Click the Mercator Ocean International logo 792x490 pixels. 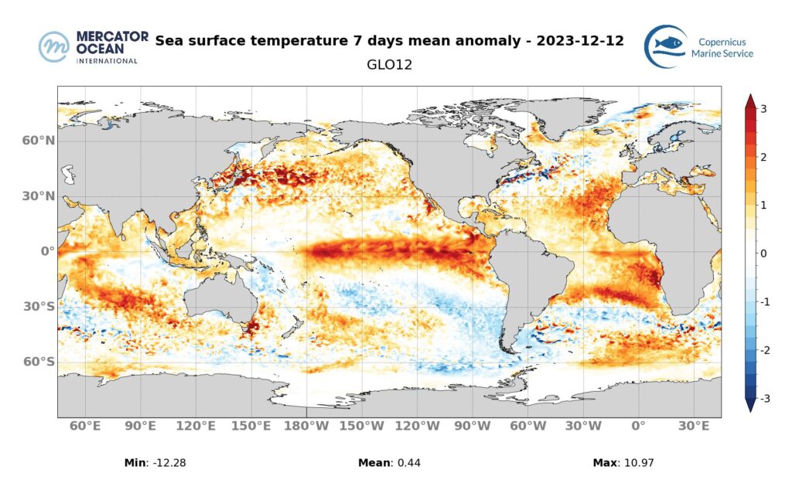tap(88, 47)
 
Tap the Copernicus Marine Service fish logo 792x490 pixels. tap(666, 46)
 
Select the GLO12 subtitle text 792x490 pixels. tap(389, 65)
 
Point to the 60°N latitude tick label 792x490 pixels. tap(38, 141)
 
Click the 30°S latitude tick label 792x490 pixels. tap(38, 307)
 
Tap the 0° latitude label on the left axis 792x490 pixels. tap(48, 251)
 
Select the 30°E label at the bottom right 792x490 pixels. tap(694, 426)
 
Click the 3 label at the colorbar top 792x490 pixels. tap(763, 109)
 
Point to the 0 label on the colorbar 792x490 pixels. tap(763, 254)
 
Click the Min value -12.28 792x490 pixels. tap(171, 463)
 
